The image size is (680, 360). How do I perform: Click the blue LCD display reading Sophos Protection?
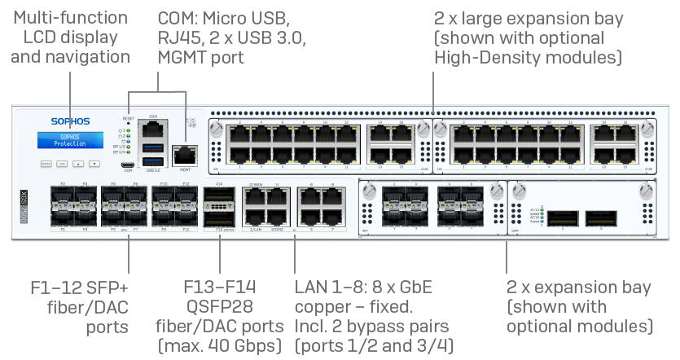click(x=70, y=140)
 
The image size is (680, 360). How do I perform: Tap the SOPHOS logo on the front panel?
click(x=70, y=121)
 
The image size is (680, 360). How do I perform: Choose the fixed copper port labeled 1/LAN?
click(x=254, y=218)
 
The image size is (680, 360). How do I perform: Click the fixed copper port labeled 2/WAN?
click(x=254, y=198)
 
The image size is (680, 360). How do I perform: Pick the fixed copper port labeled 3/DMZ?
click(x=277, y=218)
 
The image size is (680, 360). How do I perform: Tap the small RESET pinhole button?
click(x=128, y=125)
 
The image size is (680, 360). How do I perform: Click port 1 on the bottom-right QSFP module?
click(x=563, y=218)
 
